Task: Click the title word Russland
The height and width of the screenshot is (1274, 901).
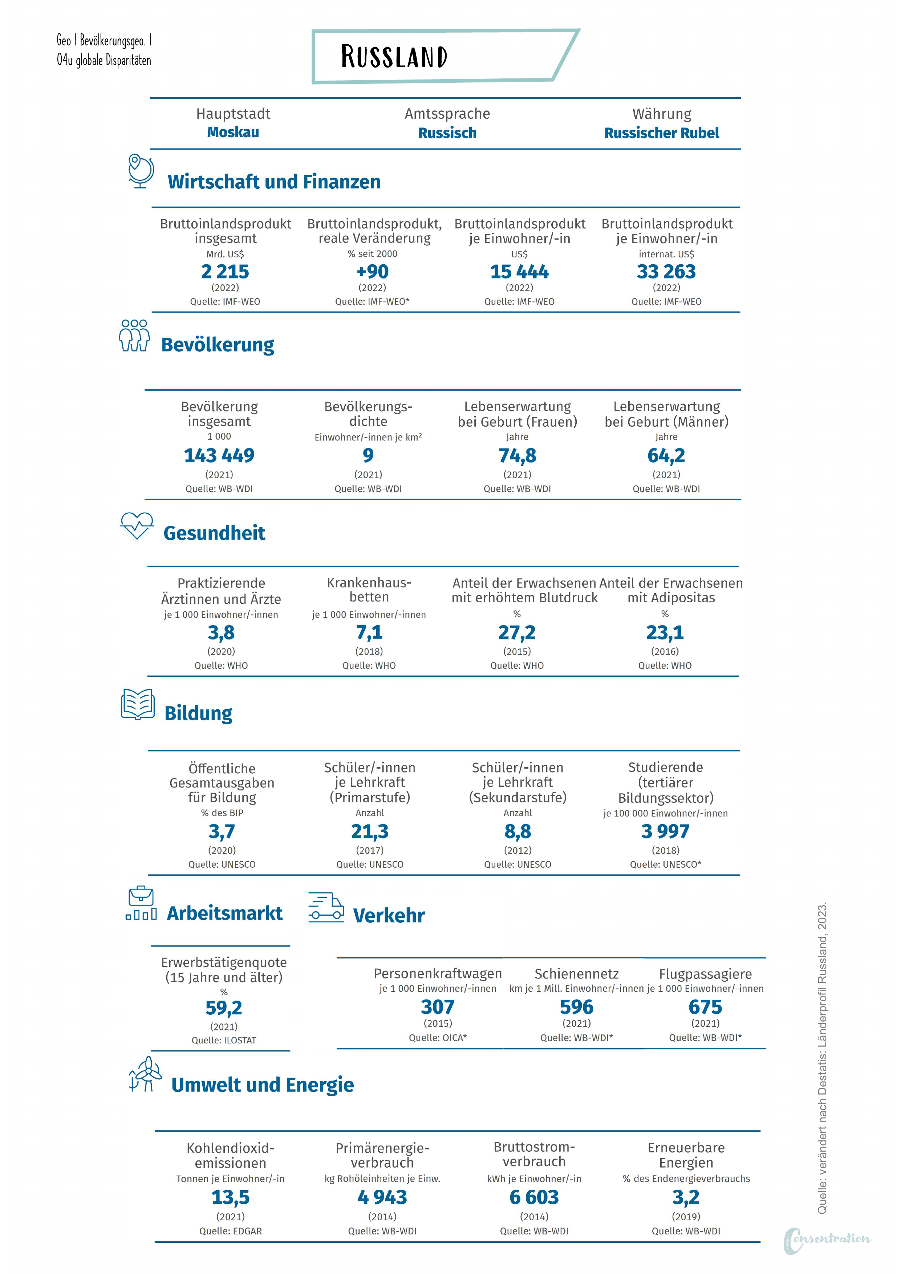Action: [394, 57]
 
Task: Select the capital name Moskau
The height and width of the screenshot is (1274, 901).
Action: [233, 132]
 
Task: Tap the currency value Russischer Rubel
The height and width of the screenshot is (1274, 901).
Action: [662, 133]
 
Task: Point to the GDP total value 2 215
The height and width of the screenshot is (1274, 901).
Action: [225, 271]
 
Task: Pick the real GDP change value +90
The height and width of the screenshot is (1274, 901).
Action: [373, 271]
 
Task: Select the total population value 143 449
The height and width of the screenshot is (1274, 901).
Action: [219, 456]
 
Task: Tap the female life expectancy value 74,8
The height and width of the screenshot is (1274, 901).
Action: [518, 456]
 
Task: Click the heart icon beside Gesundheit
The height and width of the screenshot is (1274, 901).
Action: [137, 525]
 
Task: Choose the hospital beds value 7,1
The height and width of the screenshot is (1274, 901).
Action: [369, 632]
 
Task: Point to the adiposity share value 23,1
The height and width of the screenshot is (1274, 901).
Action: [665, 632]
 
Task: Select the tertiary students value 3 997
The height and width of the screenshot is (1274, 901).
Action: [666, 831]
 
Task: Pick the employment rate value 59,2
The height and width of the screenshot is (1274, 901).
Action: [224, 1008]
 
